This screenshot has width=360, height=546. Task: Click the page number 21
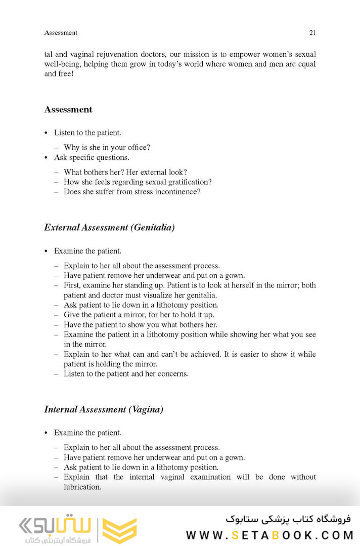coord(312,33)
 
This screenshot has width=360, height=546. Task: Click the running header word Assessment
coord(61,33)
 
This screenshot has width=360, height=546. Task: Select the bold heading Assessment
coord(68,109)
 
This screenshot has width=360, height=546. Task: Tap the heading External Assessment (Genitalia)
coord(109,228)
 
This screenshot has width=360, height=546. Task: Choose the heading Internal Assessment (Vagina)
coord(104,410)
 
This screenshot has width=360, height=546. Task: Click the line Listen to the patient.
coord(87,133)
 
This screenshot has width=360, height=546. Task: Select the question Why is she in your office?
coord(107,148)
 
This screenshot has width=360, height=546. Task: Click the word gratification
coord(186,182)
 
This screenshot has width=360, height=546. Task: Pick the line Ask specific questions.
coord(92,157)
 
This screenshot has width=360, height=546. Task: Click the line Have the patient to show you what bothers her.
coord(140,324)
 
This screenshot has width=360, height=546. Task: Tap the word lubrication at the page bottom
coord(82,487)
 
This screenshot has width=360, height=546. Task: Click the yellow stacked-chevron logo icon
coord(120,530)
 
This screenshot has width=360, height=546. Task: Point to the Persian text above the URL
coord(288,519)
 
